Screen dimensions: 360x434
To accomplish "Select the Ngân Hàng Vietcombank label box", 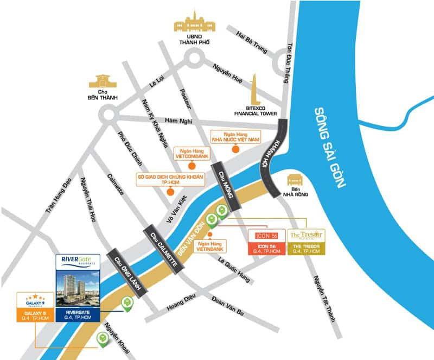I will tap(190, 153).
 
